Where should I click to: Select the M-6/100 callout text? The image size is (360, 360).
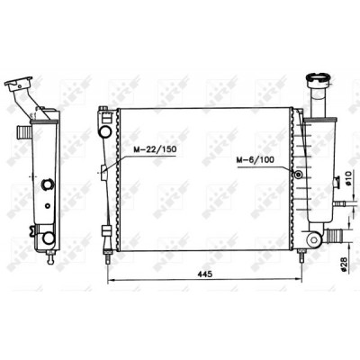point(255,160)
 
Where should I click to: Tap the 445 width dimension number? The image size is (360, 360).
point(205,274)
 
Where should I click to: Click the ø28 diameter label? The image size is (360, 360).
point(344,265)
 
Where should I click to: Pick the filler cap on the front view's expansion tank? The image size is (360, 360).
point(319,79)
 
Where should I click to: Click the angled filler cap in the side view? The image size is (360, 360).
point(19,84)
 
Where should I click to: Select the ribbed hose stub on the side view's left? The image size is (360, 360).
point(23,130)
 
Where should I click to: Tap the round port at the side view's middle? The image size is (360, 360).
point(48,184)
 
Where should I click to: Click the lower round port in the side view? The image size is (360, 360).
point(49,238)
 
